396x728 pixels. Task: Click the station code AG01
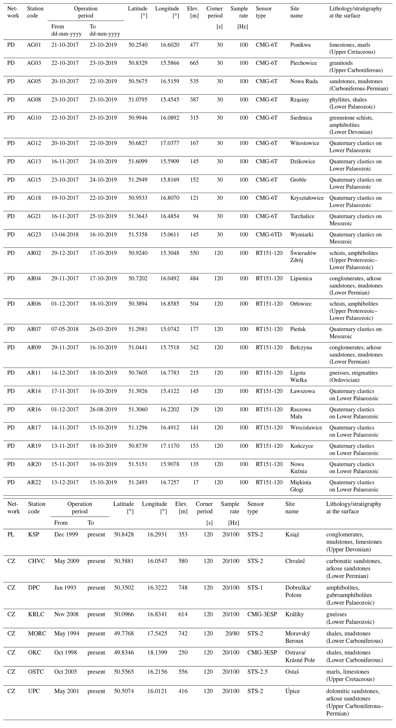tap(34, 45)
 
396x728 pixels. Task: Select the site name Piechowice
tap(303, 63)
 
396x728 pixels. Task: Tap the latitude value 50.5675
tap(138, 81)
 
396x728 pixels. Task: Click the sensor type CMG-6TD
tap(269, 234)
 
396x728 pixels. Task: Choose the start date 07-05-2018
tap(65, 329)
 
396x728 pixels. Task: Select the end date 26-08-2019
tap(103, 410)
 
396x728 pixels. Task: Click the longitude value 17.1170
tap(170, 446)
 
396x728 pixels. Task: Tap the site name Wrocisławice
tap(306, 428)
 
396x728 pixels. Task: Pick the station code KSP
tap(34, 534)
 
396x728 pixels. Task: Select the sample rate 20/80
tap(232, 633)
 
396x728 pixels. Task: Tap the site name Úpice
tap(292, 691)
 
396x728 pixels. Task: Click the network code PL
tap(11, 534)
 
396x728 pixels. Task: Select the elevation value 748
tap(183, 587)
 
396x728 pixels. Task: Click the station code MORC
tap(37, 633)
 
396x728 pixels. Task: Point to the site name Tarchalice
tap(302, 216)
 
